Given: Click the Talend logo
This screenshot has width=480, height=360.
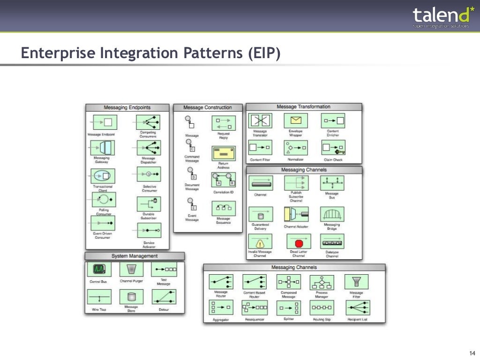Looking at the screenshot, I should coord(440,17).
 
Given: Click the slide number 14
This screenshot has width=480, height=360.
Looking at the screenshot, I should coord(472,353).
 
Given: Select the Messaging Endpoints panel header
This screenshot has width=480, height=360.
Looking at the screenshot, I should coord(127,107).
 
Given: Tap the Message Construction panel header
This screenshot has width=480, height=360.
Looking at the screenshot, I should coord(208,107).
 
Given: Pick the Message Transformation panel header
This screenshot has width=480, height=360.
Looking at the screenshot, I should coord(304,107).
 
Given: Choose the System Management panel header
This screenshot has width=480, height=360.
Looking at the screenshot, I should coord(135,256).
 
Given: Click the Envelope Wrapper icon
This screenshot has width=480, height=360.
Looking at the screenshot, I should coord(296,120).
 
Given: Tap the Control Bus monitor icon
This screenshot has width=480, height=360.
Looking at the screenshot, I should coord(99,269).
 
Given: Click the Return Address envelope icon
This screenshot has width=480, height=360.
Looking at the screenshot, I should coord(224,153).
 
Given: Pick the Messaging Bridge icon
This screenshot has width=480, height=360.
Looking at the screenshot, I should coord(332,215).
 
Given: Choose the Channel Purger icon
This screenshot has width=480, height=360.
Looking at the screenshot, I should coord(131,269).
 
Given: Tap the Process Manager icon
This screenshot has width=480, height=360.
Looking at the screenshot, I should coord(322,282).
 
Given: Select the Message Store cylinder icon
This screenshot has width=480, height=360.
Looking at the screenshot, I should coord(131,297).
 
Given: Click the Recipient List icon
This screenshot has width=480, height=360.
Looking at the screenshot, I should coord(357,308).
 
